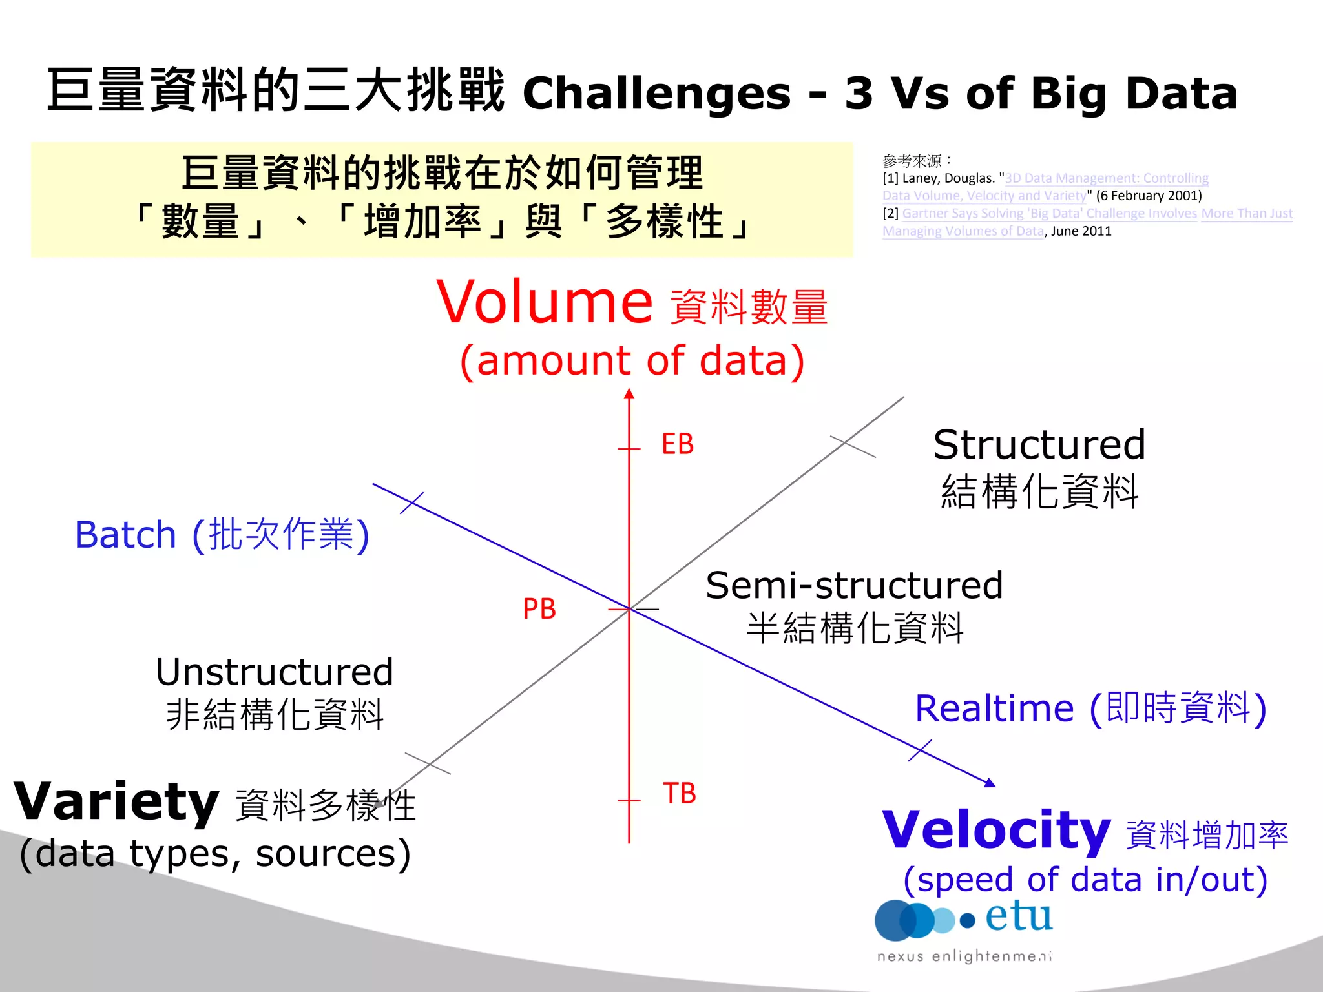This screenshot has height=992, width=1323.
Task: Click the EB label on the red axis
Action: [677, 444]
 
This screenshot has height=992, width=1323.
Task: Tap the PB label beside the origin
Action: [539, 609]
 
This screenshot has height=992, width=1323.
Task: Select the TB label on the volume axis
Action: [679, 793]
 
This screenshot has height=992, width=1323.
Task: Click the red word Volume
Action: [545, 302]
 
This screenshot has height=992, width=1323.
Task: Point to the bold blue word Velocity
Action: [995, 830]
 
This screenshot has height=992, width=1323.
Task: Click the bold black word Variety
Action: [116, 801]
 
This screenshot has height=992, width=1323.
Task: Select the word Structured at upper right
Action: [1039, 445]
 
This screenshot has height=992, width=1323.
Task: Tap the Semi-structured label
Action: [853, 586]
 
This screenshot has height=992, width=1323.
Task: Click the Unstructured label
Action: [275, 672]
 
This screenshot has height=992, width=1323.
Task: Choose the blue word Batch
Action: [125, 535]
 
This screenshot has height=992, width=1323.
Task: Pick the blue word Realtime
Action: [994, 708]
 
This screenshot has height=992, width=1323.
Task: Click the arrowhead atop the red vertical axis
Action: [629, 393]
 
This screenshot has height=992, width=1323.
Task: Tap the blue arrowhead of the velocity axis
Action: [990, 783]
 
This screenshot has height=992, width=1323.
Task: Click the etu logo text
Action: [1018, 916]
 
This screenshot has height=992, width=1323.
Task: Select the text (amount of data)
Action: [632, 360]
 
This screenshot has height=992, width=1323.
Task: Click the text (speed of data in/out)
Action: [1085, 880]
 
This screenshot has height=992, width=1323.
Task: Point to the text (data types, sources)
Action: [215, 854]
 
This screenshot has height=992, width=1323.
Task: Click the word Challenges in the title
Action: [656, 94]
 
